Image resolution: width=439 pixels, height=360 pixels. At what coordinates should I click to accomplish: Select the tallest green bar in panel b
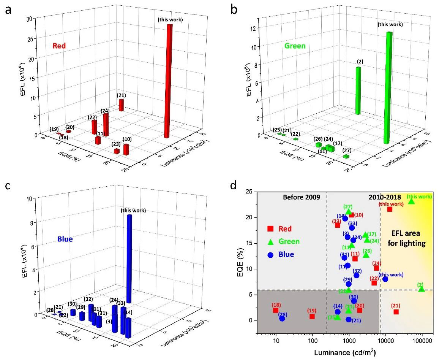coord(388,87)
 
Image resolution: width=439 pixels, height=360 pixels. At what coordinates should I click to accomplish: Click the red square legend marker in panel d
coord(270,228)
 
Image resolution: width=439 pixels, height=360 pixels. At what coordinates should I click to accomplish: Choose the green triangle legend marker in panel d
coord(270,241)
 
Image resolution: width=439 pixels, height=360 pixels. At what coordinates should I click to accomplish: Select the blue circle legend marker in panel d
coord(270,255)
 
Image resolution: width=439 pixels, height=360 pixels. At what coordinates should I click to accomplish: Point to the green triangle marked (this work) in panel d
coord(411,201)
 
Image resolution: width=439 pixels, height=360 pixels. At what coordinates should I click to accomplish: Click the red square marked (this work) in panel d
coord(390,209)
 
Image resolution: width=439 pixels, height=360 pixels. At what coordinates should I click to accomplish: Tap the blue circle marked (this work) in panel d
coord(385,279)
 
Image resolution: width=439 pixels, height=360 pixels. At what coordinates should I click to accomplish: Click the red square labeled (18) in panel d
coord(276,311)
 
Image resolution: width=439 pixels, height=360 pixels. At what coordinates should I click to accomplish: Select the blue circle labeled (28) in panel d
coord(282,319)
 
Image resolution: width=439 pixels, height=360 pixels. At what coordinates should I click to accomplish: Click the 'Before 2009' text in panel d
coord(300,197)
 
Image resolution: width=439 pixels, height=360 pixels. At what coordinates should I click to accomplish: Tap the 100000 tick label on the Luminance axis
coord(422,341)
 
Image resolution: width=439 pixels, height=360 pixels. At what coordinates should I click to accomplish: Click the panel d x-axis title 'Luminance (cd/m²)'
coord(345,352)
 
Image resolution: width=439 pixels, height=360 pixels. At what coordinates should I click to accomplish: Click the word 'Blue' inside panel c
coord(65,239)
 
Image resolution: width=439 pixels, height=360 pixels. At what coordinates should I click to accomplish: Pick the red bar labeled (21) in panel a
coord(121,105)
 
